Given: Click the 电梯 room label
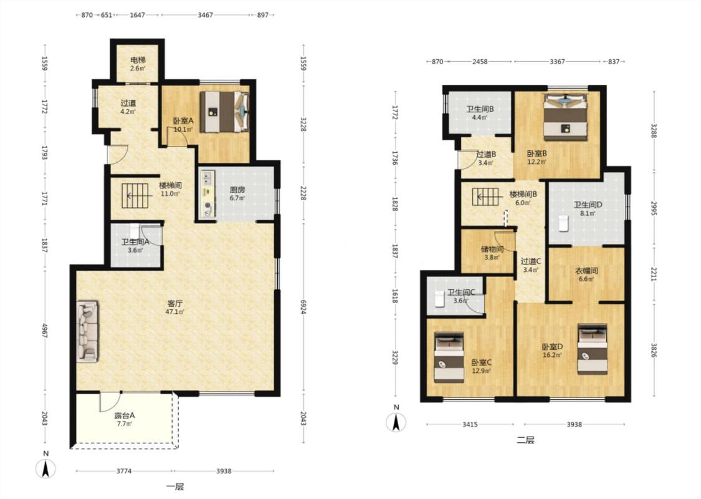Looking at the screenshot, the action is pos(138,60).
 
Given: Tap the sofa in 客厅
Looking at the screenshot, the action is pos(87,331).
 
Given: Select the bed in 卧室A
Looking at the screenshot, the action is pos(224,112).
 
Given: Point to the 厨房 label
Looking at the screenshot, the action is pos(237,190).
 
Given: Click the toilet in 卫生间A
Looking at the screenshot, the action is pos(135,231).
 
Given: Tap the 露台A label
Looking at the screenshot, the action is pos(124,415).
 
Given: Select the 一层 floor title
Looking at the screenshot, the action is pos(175,487).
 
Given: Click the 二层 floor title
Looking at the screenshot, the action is pos(525,440).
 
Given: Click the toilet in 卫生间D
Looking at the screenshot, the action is pos(563,223).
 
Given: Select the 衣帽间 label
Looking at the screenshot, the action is pos(586,271).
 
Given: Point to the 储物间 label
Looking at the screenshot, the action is pos(492,249).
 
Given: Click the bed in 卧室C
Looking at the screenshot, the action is pos(449,357).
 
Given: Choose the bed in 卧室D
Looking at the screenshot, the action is pos(593,349).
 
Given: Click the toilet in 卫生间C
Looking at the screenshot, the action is pos(439,299).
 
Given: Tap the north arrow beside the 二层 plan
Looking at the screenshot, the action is pos(396,421).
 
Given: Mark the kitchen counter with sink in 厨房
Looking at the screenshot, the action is pos(207,194).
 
